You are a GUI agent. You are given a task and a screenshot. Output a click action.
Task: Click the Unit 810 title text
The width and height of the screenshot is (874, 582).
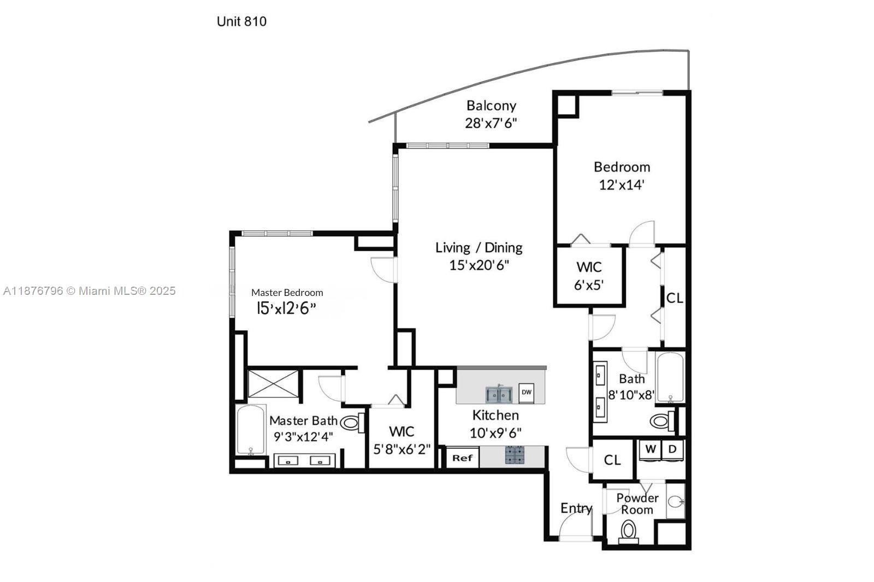point(241,21)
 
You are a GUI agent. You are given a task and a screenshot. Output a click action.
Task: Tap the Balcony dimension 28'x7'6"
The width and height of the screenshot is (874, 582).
point(491,123)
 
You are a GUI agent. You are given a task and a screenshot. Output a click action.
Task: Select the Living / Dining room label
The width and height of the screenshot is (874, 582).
point(479,248)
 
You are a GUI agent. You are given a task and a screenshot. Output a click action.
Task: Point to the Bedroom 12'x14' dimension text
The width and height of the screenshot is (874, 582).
point(622,185)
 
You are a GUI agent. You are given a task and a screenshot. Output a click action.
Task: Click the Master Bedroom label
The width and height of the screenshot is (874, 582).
point(287,293)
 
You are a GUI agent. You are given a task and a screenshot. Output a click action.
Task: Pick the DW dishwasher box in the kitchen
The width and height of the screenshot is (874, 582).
point(527,392)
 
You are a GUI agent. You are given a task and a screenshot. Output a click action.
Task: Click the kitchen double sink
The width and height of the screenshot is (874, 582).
point(499,394)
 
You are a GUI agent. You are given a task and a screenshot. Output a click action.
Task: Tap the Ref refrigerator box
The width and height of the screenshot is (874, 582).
point(462,458)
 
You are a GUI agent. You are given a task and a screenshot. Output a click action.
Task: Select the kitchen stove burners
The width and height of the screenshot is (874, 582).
point(515,455)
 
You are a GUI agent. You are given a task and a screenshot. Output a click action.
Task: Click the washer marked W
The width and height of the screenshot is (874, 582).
point(650,451)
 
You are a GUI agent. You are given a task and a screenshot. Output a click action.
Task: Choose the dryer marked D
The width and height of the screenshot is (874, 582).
point(672,451)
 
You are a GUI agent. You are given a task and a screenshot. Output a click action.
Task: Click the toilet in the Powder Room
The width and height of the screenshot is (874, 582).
point(629,532)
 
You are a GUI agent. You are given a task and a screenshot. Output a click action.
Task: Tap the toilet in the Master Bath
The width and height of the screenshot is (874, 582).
point(353,423)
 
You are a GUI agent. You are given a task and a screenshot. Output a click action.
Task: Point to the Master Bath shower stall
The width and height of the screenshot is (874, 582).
point(273,384)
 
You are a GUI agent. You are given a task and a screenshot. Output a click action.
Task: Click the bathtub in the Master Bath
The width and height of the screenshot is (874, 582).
point(251,430)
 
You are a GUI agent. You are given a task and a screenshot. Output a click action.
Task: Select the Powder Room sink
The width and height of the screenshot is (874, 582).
point(675,502)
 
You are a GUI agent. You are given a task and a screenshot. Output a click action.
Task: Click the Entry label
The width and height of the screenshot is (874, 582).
point(576,508)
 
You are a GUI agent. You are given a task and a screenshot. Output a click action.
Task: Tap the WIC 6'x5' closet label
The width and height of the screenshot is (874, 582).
point(589,276)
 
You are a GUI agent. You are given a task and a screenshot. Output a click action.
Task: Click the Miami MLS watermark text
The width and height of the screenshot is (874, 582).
point(90,291)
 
